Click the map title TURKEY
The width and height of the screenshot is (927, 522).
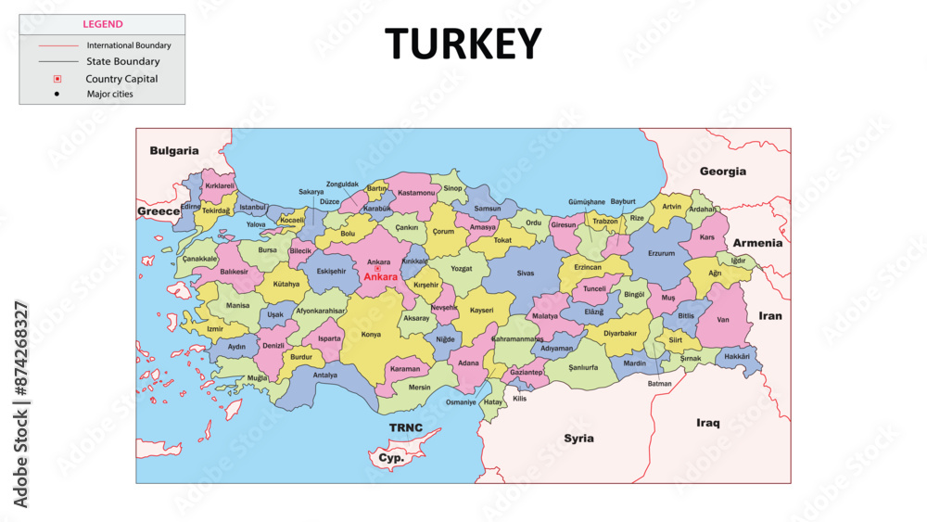pyautogui.click(x=463, y=43)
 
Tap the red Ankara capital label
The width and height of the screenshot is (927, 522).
pyautogui.click(x=380, y=276)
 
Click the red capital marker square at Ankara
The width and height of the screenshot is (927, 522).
pyautogui.click(x=377, y=269)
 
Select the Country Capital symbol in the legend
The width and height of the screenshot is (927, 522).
pyautogui.click(x=57, y=79)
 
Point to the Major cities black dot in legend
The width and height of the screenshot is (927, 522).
pyautogui.click(x=57, y=94)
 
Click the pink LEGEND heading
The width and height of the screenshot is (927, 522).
pyautogui.click(x=102, y=24)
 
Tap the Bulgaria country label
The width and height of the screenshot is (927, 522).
pyautogui.click(x=174, y=150)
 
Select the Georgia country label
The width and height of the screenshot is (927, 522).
pyautogui.click(x=722, y=172)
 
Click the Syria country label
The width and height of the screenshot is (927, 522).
pyautogui.click(x=578, y=438)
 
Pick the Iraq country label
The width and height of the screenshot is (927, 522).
pyautogui.click(x=707, y=423)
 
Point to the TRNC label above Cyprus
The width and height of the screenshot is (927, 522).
pyautogui.click(x=405, y=427)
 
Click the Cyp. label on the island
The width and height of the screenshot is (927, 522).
pyautogui.click(x=390, y=458)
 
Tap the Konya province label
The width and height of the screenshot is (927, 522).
pyautogui.click(x=371, y=334)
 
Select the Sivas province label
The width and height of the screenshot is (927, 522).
pyautogui.click(x=526, y=274)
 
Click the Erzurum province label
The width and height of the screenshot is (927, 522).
pyautogui.click(x=661, y=253)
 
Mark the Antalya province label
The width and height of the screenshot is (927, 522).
pyautogui.click(x=325, y=376)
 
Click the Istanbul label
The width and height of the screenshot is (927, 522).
pyautogui.click(x=252, y=207)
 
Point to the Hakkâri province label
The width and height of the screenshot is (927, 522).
pyautogui.click(x=737, y=356)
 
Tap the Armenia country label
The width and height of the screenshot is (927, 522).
pyautogui.click(x=757, y=243)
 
